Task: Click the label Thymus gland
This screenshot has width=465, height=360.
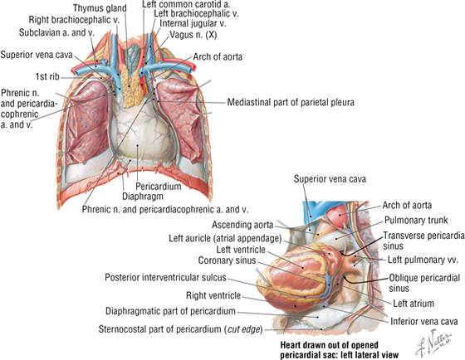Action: pyautogui.click(x=100, y=8)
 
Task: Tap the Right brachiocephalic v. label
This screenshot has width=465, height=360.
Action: pyautogui.click(x=74, y=20)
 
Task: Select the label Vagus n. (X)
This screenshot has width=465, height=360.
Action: pyautogui.click(x=193, y=35)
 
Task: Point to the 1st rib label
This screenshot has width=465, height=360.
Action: pyautogui.click(x=47, y=76)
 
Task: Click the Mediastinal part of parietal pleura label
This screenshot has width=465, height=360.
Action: pyautogui.click(x=291, y=102)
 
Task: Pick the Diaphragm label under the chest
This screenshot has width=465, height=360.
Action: pyautogui.click(x=143, y=196)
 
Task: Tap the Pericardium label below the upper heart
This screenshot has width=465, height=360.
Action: pyautogui.click(x=159, y=187)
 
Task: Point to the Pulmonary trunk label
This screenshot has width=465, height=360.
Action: pyautogui.click(x=416, y=220)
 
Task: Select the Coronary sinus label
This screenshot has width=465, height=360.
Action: pyautogui.click(x=227, y=260)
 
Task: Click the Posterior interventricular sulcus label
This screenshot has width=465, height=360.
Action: pyautogui.click(x=165, y=278)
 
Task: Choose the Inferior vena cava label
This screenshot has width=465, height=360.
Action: pyautogui.click(x=424, y=322)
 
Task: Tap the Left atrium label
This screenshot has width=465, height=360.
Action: pyautogui.click(x=414, y=304)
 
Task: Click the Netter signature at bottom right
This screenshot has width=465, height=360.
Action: pyautogui.click(x=433, y=343)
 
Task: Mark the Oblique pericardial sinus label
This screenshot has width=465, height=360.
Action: pyautogui.click(x=424, y=283)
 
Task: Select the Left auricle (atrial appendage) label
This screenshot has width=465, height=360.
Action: pyautogui.click(x=225, y=238)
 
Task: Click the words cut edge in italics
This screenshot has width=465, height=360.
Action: pyautogui.click(x=243, y=329)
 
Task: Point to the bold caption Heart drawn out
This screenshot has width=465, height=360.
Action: pyautogui.click(x=330, y=345)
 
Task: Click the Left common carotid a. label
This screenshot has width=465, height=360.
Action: pyautogui.click(x=186, y=4)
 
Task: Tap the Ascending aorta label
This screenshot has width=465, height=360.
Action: pyautogui.click(x=242, y=225)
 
